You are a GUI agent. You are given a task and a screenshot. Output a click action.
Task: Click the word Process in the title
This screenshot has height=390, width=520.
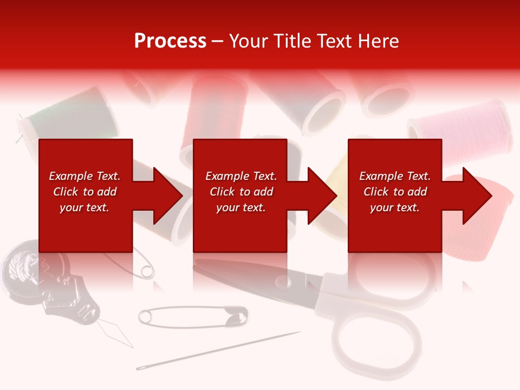[x=170, y=41]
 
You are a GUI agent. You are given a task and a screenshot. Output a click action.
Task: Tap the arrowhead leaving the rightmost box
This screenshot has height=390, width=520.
[x=476, y=196]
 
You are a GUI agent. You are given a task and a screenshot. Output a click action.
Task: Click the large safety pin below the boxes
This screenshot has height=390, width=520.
[x=192, y=316]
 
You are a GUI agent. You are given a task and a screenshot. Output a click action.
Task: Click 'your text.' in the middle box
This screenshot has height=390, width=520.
[x=240, y=207]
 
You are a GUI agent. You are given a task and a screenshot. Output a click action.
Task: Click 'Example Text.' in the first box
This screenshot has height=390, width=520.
[x=84, y=176]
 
